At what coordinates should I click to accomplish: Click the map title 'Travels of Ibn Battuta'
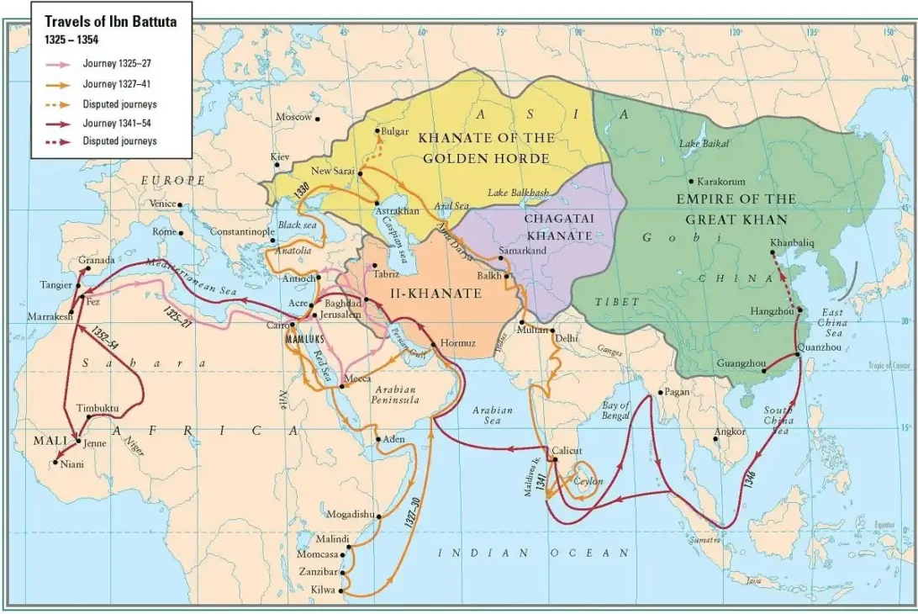[110, 23]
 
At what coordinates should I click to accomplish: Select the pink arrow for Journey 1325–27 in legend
[58, 63]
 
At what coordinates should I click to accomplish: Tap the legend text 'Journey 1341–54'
[117, 123]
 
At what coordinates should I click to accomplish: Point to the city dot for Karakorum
[691, 181]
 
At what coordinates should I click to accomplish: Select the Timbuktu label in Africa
[98, 409]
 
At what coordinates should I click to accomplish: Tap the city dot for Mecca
[343, 386]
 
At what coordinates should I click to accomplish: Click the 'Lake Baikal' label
[702, 145]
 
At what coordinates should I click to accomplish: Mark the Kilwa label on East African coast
[323, 590]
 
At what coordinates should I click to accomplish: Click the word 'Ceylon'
[588, 482]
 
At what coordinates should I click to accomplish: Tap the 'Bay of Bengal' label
[615, 410]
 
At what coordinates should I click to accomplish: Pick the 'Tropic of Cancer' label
[890, 365]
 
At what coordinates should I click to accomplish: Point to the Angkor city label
[729, 431]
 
